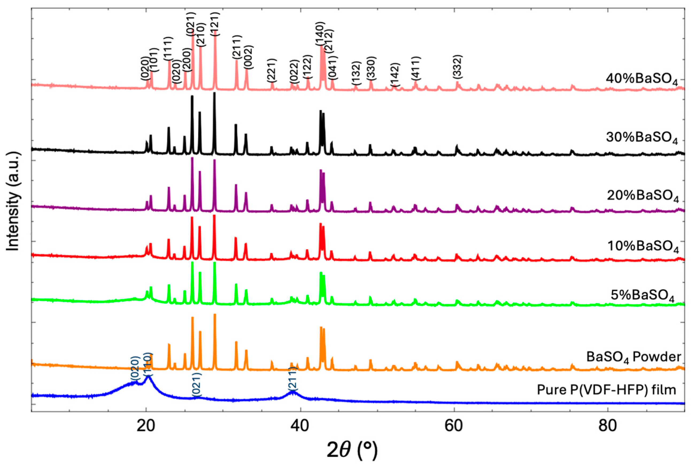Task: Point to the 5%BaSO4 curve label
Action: tap(642, 295)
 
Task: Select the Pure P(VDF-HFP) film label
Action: tap(607, 390)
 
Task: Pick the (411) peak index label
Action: tap(416, 68)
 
